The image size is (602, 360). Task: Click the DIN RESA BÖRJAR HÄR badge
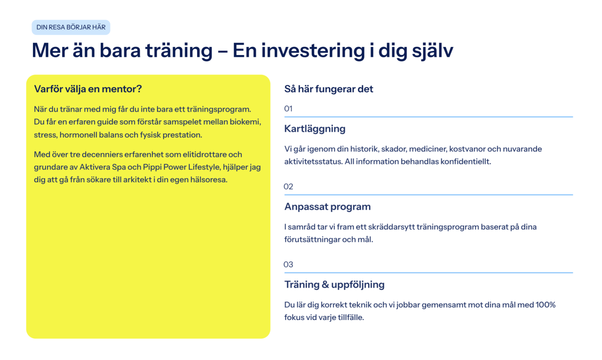pos(71,27)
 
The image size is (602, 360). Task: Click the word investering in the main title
pos(313,51)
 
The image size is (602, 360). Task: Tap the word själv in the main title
pos(433,51)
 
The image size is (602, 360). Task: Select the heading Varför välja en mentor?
pos(88,89)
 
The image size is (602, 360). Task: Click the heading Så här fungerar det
pos(329,89)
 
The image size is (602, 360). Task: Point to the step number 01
pos(288,109)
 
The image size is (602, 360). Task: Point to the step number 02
pos(288,187)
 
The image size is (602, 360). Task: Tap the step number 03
pos(288,264)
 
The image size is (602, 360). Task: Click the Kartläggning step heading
pos(315,129)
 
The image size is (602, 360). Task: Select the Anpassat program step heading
pos(328,207)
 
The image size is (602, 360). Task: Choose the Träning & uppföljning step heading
pos(334,285)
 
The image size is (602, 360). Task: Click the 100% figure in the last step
pos(546,305)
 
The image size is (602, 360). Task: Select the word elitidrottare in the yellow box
pos(205,155)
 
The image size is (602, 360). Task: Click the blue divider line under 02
pos(428,195)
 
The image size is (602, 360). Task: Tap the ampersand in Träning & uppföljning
pos(325,284)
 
